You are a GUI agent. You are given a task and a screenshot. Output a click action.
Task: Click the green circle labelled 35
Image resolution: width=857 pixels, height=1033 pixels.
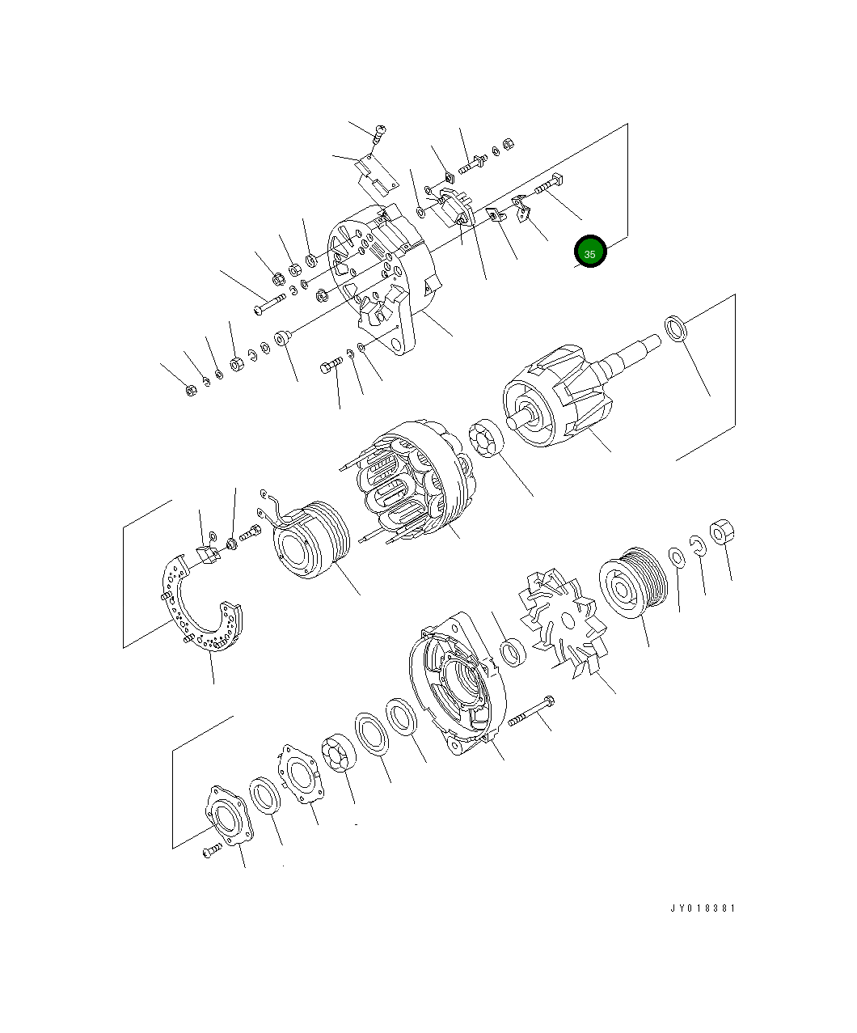point(590,252)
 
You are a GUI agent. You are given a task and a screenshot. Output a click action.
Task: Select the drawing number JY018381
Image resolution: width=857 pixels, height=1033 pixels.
point(702,908)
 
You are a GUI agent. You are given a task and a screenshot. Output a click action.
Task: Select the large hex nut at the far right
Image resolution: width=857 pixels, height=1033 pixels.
point(721,532)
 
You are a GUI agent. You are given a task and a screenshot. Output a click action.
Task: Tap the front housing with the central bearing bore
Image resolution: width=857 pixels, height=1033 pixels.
point(457,684)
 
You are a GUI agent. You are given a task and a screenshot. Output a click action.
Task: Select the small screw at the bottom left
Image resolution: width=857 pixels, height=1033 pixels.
point(211,850)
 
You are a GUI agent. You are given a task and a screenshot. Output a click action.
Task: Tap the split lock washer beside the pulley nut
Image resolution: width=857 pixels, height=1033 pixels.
point(698,545)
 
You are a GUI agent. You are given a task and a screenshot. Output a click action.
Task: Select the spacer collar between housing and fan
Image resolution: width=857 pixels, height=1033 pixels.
point(512,652)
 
